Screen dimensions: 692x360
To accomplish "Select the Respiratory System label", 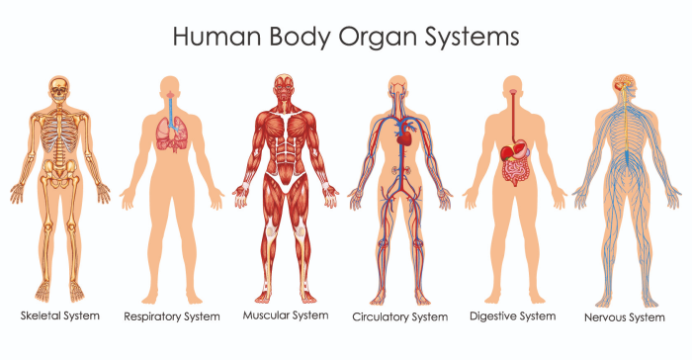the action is [x=171, y=317].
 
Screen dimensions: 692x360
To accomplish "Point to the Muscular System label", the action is [x=285, y=315].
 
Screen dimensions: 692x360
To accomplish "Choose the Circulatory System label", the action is [x=400, y=317].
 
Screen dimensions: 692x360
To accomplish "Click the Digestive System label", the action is [x=511, y=315].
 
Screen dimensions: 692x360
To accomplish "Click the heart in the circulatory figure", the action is [x=403, y=139].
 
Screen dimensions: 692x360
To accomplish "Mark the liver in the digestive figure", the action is [x=507, y=152].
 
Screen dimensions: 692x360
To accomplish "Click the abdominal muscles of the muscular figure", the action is [x=285, y=153].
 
